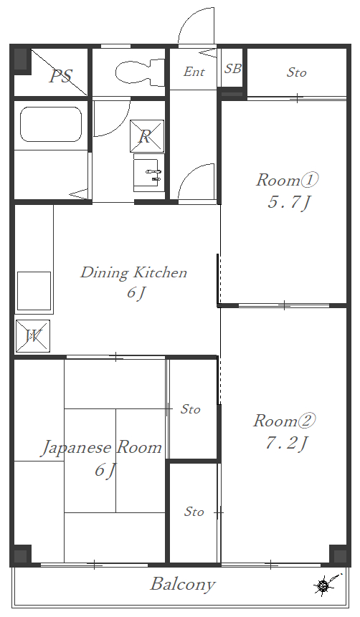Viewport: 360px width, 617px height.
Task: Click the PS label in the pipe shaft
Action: click(x=60, y=76)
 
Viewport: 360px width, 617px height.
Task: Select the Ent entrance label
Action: click(x=194, y=72)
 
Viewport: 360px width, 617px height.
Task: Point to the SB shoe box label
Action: click(x=232, y=69)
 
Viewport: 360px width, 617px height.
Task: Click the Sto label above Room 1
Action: click(x=296, y=72)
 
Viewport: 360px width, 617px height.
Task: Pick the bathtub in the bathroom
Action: click(x=51, y=124)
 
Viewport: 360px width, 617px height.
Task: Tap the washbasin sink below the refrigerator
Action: click(x=149, y=173)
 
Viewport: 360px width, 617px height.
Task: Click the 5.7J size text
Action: click(x=288, y=203)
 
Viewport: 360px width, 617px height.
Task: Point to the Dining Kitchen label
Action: click(x=133, y=272)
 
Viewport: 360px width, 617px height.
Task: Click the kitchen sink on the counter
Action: click(x=34, y=290)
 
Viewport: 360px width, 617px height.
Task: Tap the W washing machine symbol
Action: click(x=33, y=335)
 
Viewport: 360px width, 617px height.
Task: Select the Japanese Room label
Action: click(x=101, y=448)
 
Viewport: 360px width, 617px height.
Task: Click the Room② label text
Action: click(x=285, y=420)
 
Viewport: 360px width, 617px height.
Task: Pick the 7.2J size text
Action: click(x=286, y=444)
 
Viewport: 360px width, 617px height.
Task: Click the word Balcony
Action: click(x=182, y=584)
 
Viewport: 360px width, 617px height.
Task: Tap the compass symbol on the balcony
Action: click(x=323, y=585)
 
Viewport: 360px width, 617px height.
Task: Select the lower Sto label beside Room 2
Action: click(x=194, y=512)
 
